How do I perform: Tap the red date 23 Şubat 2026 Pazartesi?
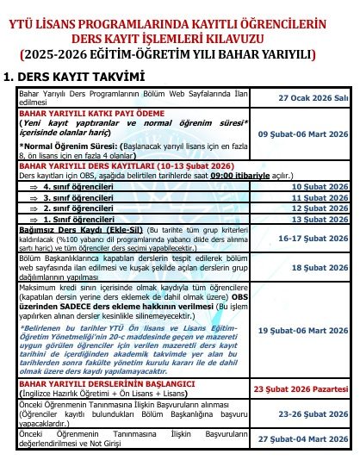point(301,389)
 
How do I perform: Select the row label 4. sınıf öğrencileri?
point(78,185)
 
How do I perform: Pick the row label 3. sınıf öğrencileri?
point(78,197)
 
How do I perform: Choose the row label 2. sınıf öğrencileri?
point(78,208)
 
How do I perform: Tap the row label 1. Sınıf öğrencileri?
point(78,220)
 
